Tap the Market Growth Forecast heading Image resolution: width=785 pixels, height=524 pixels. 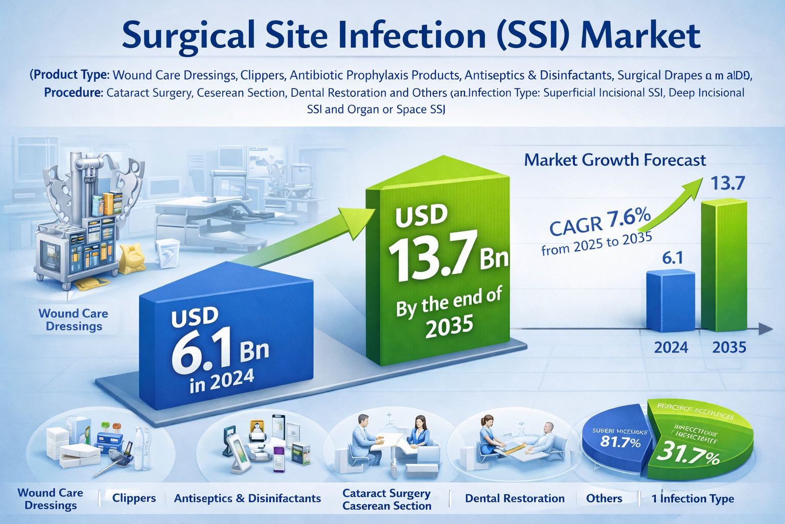[615, 160]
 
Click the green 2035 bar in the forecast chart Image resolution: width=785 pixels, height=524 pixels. [724, 266]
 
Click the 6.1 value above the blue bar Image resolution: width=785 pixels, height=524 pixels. [672, 258]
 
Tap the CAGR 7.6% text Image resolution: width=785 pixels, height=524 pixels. [599, 221]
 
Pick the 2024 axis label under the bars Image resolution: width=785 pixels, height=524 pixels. [671, 348]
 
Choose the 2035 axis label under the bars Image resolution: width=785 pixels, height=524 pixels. [729, 348]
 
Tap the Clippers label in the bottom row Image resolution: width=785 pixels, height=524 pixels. [134, 498]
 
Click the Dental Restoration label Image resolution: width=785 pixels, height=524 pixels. [515, 498]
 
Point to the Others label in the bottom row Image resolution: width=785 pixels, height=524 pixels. [604, 498]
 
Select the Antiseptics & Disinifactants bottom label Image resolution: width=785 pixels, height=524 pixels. [247, 498]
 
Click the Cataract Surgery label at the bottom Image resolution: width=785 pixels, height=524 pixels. [386, 493]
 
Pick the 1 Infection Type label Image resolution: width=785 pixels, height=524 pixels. [692, 498]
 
